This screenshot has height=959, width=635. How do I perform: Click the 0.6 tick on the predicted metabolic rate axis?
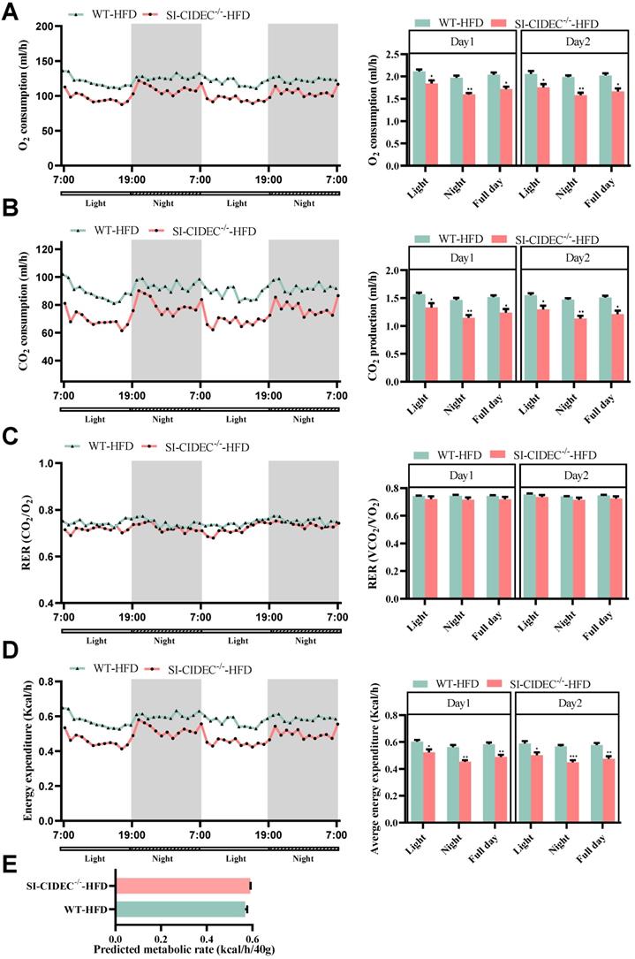(x=250, y=932)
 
